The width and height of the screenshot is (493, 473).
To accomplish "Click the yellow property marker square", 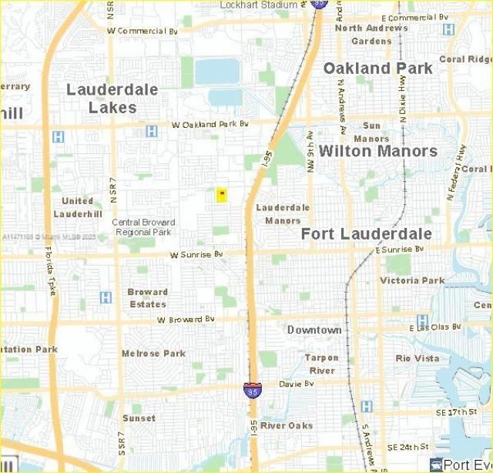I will coord(222,195).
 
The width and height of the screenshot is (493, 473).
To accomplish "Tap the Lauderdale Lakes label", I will coord(112,99).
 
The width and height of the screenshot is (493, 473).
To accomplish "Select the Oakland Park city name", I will coord(378,69).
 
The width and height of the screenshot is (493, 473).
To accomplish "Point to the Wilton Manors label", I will coord(378,150).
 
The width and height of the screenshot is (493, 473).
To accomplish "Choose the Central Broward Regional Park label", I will coord(143,226).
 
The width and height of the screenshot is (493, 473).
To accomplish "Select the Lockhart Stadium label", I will coord(259,5).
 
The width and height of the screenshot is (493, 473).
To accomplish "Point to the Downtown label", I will coord(314,330).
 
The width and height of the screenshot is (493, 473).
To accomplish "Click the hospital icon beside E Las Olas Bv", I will coord(422,320).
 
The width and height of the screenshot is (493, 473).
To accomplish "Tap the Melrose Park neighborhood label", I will coord(153,354).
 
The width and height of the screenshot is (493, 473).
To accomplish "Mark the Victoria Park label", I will coord(413,280).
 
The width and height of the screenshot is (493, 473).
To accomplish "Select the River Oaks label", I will coord(287,425).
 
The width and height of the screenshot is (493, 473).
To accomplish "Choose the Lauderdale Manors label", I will coord(283,213).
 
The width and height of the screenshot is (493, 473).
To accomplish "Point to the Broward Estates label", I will coord(147,297).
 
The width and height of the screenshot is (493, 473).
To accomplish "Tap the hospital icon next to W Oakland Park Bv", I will coord(152,131).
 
